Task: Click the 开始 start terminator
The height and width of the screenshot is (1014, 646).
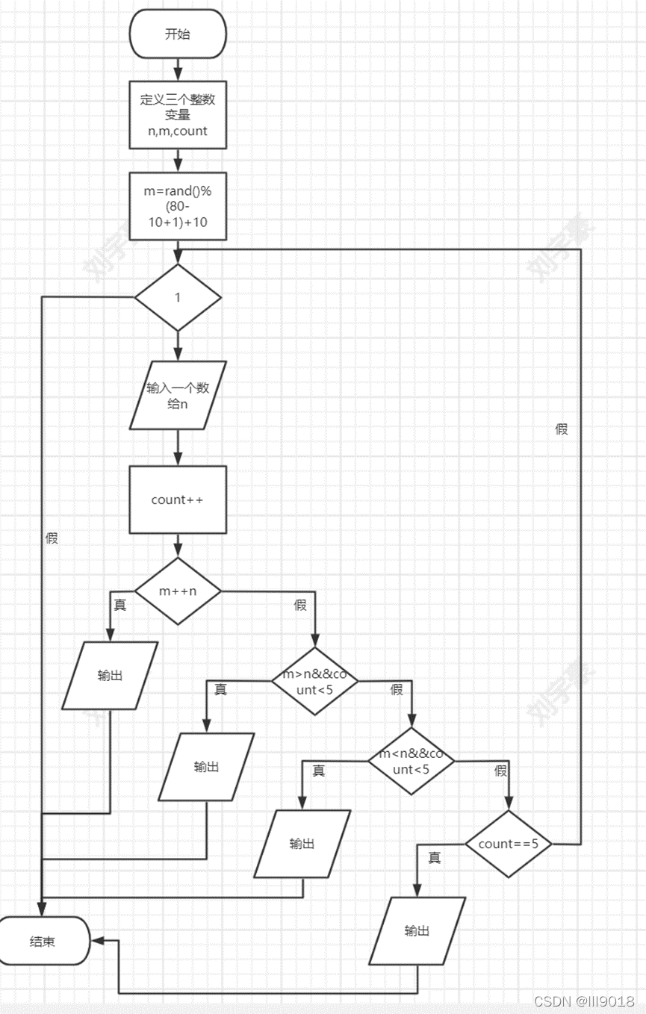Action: [x=178, y=34]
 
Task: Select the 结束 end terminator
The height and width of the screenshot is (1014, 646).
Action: [x=43, y=942]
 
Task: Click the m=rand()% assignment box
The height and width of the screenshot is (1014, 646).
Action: [x=178, y=207]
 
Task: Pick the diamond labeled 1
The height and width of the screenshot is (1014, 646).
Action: [x=178, y=297]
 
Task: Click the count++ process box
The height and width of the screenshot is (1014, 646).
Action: [x=178, y=500]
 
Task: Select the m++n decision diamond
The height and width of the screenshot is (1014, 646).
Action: [x=178, y=591]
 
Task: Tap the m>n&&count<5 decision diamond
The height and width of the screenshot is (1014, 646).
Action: [x=314, y=680]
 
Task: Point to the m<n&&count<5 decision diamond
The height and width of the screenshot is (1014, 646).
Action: [x=411, y=761]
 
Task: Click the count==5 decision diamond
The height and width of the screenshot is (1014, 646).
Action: [x=508, y=844]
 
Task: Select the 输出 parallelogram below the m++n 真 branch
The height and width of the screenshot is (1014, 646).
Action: [x=110, y=675]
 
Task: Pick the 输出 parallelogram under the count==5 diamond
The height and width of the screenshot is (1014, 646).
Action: [x=417, y=930]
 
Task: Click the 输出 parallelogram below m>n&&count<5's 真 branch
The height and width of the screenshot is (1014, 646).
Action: [x=206, y=767]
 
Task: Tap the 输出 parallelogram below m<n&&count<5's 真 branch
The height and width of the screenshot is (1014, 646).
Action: [x=302, y=844]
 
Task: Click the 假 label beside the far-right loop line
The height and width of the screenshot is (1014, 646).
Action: [x=562, y=429]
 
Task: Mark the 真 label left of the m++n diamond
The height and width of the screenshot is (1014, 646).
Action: [x=119, y=605]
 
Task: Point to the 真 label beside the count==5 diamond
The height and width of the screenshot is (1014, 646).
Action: [x=434, y=858]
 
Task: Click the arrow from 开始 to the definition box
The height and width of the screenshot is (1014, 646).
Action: [x=178, y=69]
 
